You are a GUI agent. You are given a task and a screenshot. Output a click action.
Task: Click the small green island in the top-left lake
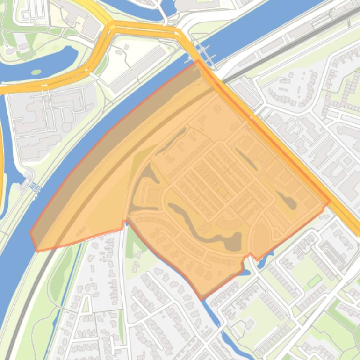coord(36,72)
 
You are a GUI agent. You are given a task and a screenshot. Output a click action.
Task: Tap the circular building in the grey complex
coord(66,127)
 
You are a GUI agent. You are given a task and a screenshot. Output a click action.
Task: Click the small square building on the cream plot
coord(126,47)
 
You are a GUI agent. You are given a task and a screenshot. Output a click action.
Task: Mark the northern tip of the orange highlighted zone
coord(198,60)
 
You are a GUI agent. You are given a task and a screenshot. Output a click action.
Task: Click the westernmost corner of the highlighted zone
coord(31,232)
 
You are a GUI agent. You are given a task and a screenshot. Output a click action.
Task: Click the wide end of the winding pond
coord(231,242)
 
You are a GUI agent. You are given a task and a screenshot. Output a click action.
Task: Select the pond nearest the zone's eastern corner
coord(289,202)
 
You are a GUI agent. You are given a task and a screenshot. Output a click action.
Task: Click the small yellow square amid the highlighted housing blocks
coord(223,192)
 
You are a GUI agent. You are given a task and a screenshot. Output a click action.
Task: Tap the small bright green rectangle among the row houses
coord(315,281)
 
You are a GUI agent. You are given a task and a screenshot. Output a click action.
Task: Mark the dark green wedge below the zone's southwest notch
coord(132,241)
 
